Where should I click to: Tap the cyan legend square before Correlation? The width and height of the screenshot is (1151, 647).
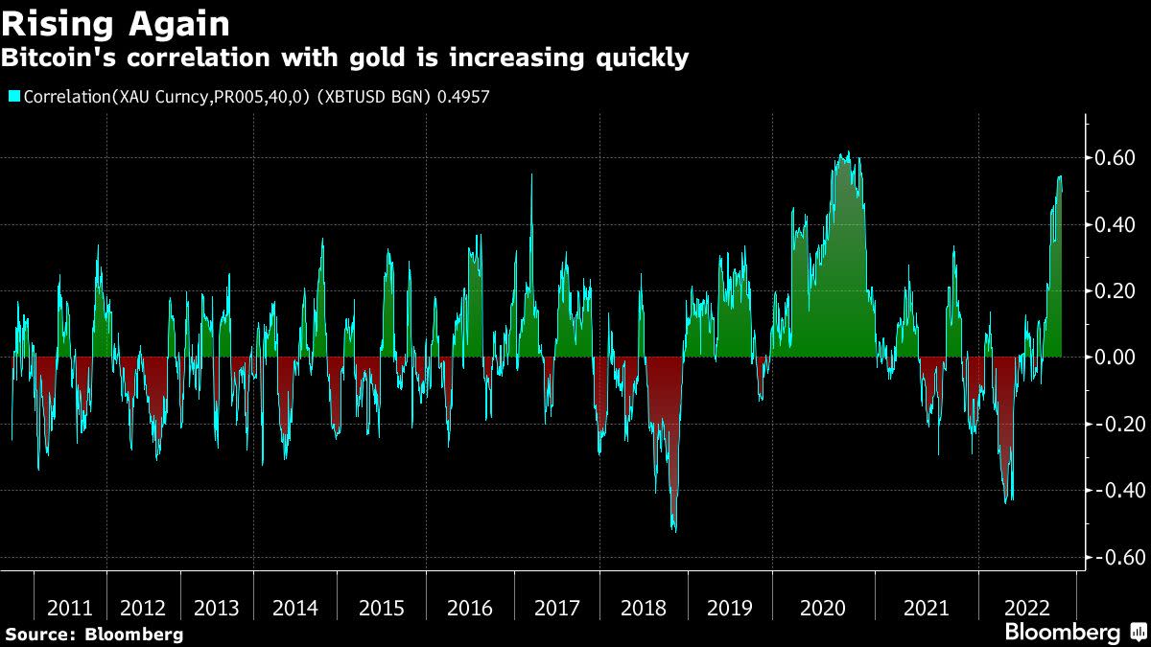pyautogui.click(x=13, y=97)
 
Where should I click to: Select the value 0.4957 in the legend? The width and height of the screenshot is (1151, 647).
pyautogui.click(x=458, y=97)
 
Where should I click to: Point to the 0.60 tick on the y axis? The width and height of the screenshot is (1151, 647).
pyautogui.click(x=1116, y=157)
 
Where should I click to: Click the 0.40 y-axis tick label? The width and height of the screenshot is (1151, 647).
pyautogui.click(x=1116, y=224)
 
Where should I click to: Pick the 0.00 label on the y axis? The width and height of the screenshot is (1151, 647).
pyautogui.click(x=1116, y=357)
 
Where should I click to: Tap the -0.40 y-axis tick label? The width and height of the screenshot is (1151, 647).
pyautogui.click(x=1113, y=490)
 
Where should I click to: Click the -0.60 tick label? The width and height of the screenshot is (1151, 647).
pyautogui.click(x=1113, y=557)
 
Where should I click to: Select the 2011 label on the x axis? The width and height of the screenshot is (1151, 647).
pyautogui.click(x=70, y=608)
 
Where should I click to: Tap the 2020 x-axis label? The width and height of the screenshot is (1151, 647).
pyautogui.click(x=822, y=608)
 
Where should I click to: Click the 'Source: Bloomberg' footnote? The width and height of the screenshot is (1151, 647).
pyautogui.click(x=94, y=634)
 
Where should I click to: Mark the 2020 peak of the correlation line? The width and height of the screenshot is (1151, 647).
pyautogui.click(x=845, y=153)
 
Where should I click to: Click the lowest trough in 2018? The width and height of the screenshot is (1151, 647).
pyautogui.click(x=674, y=530)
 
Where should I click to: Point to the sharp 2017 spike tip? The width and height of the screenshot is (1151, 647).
pyautogui.click(x=531, y=175)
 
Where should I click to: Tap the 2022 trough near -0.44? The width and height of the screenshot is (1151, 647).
pyautogui.click(x=1006, y=501)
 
